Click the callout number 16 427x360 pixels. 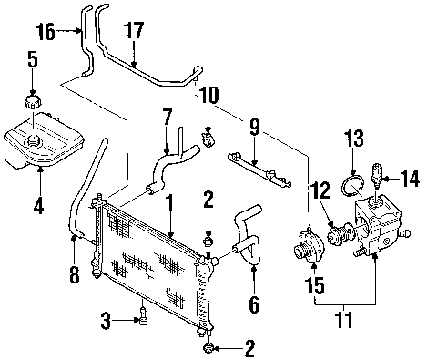(x=46, y=32)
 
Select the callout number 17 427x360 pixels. (x=134, y=30)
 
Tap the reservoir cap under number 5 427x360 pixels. (x=32, y=101)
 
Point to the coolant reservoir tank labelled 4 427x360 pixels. (x=44, y=139)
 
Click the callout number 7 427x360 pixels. (x=167, y=117)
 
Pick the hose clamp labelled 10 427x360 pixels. (x=208, y=138)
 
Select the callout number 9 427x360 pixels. (x=255, y=127)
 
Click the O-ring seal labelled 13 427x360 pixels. (x=352, y=186)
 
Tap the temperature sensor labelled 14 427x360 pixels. (x=377, y=175)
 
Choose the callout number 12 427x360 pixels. (x=320, y=190)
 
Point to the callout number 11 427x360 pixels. (x=344, y=319)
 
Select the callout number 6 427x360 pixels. (x=254, y=303)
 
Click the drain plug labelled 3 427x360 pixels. (x=143, y=317)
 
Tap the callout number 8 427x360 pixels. (x=75, y=274)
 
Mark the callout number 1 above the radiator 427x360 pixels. (x=170, y=203)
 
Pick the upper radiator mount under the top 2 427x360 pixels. (x=208, y=242)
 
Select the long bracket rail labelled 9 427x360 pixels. (x=259, y=170)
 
